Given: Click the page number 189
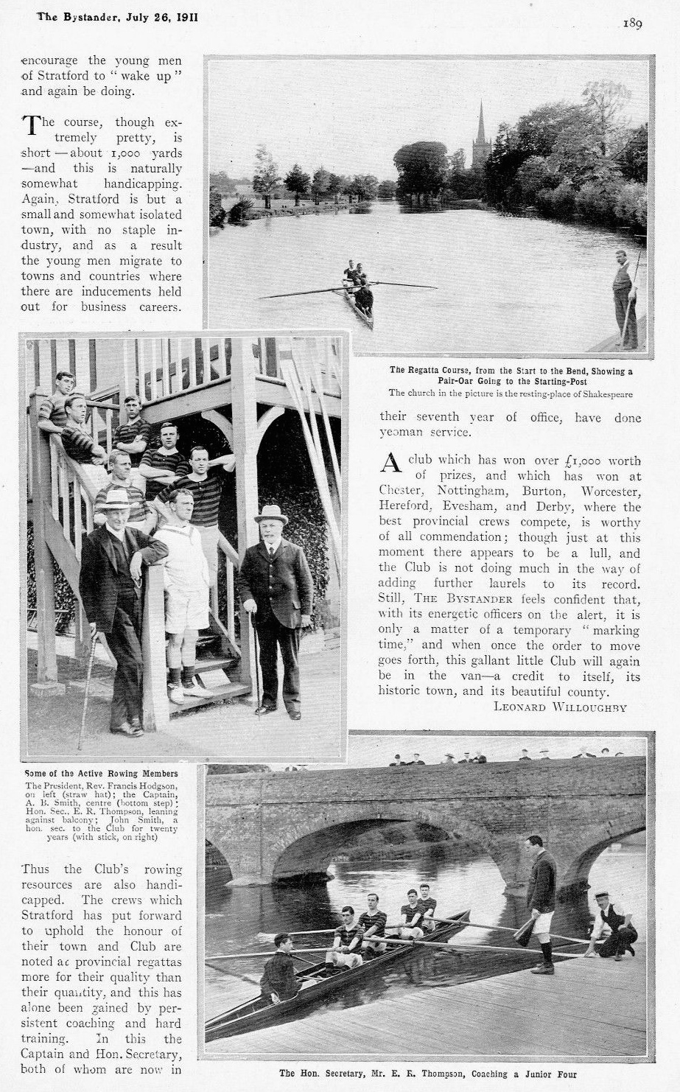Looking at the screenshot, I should point(632,24).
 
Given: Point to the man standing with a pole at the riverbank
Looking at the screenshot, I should point(625,298).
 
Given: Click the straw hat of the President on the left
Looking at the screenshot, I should point(115,499).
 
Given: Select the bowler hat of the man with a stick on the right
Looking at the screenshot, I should point(271,514).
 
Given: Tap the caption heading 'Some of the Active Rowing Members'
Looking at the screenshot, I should point(101,773).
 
